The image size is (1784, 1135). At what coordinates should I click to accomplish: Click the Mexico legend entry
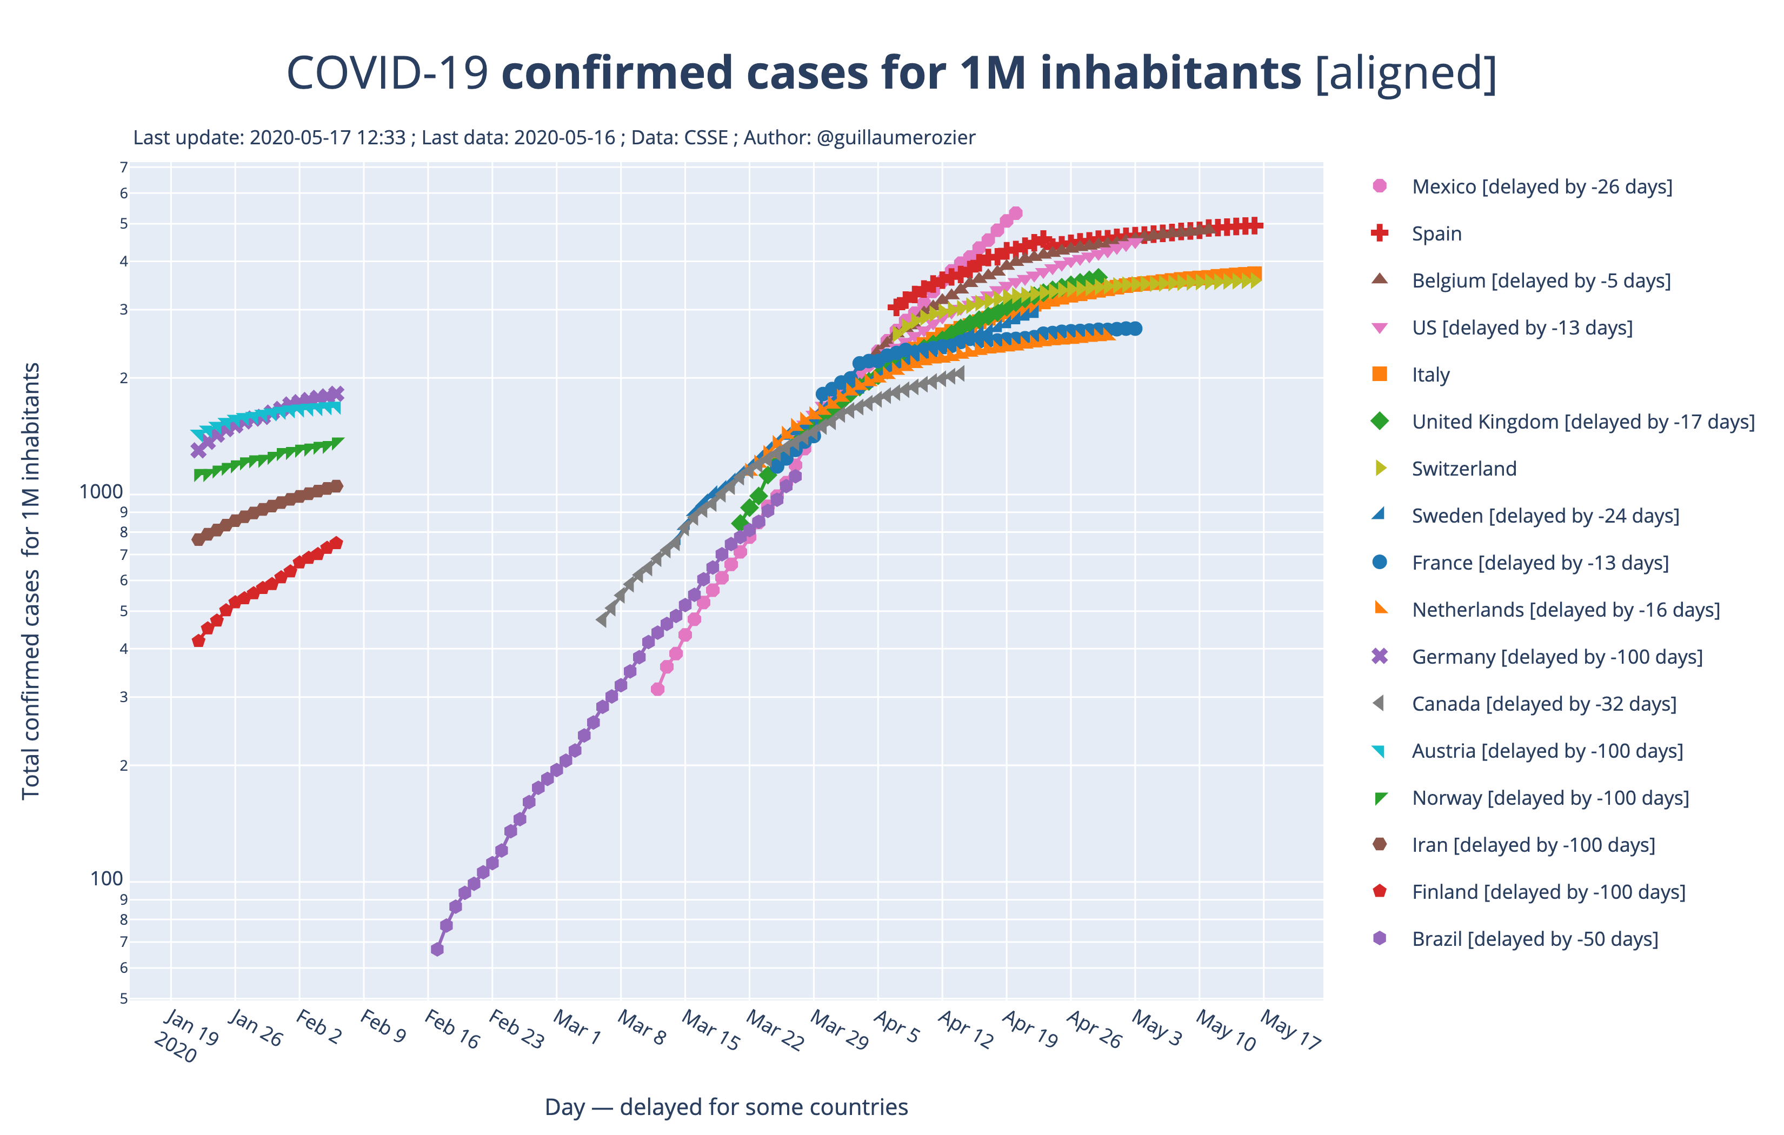[1541, 186]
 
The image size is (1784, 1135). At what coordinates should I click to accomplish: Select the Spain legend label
[1436, 234]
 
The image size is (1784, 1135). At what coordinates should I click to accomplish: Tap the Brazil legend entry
[1534, 939]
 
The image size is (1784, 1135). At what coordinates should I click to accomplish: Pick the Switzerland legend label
[1463, 469]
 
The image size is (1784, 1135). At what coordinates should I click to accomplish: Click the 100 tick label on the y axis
[106, 879]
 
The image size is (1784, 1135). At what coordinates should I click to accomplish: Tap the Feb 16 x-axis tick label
[451, 1030]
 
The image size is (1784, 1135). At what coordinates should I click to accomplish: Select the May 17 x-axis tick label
[1290, 1030]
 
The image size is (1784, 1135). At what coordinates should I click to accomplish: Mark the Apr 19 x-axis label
[1029, 1030]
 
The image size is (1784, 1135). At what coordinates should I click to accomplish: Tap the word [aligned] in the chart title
[1406, 74]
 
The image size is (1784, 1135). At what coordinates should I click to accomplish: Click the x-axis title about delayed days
[725, 1107]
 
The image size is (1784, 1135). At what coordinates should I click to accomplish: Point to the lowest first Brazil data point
[437, 949]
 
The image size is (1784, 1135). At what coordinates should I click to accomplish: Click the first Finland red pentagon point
[198, 641]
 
